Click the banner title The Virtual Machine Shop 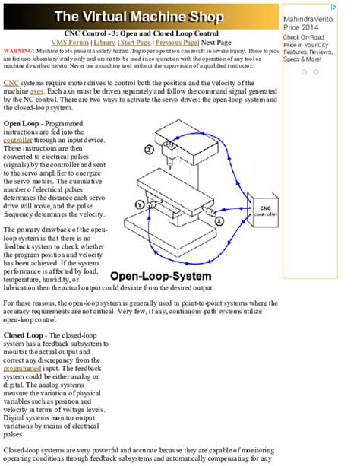[x=139, y=16]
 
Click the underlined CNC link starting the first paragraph [x=11, y=81]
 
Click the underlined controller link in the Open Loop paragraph [x=18, y=141]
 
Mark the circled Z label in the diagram [x=148, y=151]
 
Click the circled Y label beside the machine [x=140, y=204]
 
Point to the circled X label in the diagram [x=218, y=220]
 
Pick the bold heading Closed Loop [x=27, y=334]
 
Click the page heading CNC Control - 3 [x=141, y=33]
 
